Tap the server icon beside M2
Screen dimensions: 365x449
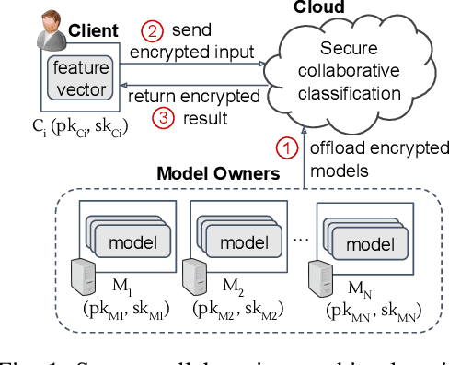193,276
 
